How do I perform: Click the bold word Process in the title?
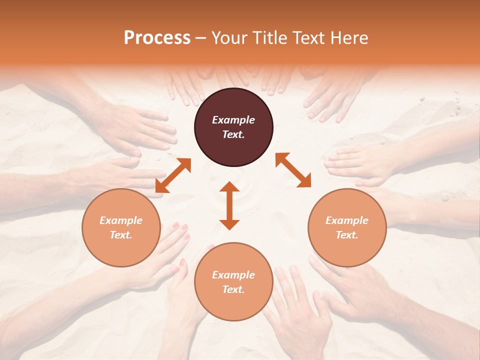coord(157,38)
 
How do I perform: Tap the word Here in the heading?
coord(350,38)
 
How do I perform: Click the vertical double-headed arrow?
coord(229,206)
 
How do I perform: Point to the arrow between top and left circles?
coord(173,175)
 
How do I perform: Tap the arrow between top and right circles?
coord(293,170)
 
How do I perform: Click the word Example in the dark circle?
coord(233,120)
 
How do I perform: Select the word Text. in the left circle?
coord(121,235)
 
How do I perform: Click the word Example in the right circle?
coord(347,220)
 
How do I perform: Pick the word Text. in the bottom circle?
coord(233,289)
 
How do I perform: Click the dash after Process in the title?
coord(201,38)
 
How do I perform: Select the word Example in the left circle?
coord(121,220)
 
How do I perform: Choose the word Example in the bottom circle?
coord(233,275)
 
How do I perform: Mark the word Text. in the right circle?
coord(347,235)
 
